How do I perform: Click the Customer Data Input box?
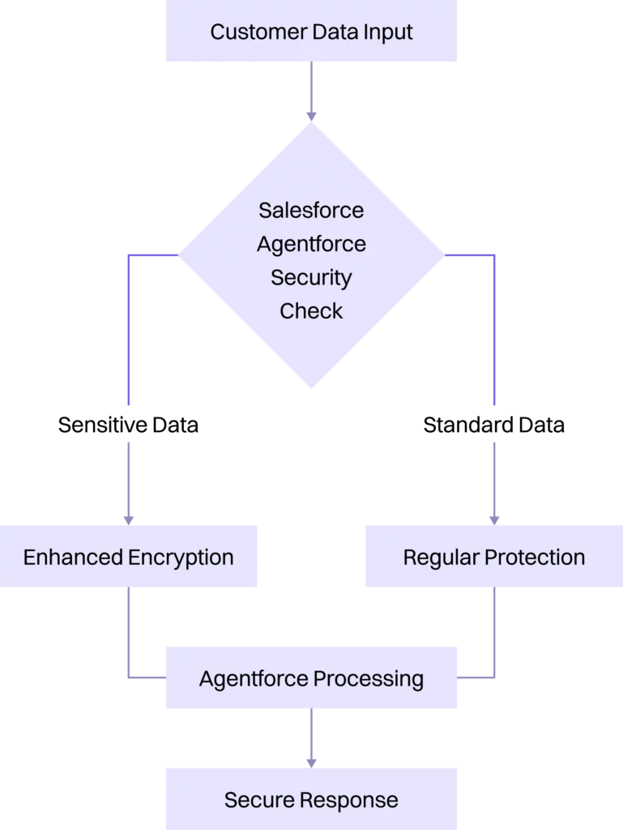tap(311, 32)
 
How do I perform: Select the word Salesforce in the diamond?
tap(311, 210)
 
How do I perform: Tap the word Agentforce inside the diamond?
tap(311, 244)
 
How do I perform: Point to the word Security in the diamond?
tap(311, 277)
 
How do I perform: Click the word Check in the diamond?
tap(311, 310)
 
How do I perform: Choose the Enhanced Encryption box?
tap(129, 557)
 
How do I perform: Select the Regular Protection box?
tap(493, 557)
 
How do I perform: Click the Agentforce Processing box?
tap(311, 678)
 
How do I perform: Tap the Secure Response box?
tap(311, 800)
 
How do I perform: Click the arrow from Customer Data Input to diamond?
tap(311, 92)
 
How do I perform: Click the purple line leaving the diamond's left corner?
tap(128, 324)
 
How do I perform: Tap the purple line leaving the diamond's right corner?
tap(494, 324)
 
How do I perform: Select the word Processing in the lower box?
tap(369, 678)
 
